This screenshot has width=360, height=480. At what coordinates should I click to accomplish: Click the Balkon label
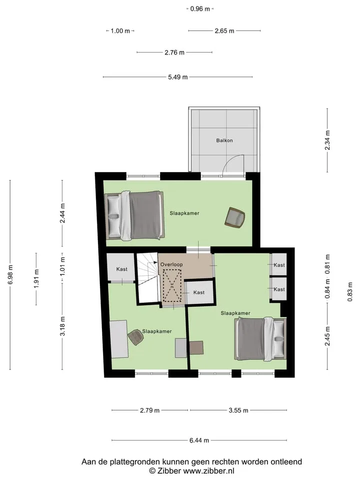coord(224,140)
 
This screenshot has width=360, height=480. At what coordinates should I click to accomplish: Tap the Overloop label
coord(171,264)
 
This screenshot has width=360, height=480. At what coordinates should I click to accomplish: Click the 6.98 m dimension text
coord(10,274)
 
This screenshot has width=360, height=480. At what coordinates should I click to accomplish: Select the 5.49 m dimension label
coord(178,77)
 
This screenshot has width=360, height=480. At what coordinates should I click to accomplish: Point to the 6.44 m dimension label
coord(199,440)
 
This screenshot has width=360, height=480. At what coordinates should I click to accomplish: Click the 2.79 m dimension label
coord(149,410)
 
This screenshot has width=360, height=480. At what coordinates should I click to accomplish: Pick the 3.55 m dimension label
coord(238,410)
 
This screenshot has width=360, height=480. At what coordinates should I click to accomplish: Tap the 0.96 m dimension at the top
coord(200,9)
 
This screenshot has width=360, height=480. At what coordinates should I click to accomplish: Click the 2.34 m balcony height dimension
coord(327,140)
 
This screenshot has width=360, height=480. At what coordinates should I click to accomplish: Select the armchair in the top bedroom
coord(235,217)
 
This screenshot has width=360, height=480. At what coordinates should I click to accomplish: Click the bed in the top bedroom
coord(134,215)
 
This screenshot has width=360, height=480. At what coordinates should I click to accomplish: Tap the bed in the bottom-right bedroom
coord(260,339)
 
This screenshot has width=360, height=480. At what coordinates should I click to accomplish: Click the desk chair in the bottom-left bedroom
coord(136,337)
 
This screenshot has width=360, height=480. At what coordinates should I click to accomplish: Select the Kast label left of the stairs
coord(122,269)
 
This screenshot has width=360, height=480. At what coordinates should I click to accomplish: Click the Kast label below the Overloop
coord(199,292)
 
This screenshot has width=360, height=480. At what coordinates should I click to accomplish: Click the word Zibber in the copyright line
coord(168,471)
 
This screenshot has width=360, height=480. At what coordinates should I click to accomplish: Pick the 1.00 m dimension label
coord(120,31)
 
